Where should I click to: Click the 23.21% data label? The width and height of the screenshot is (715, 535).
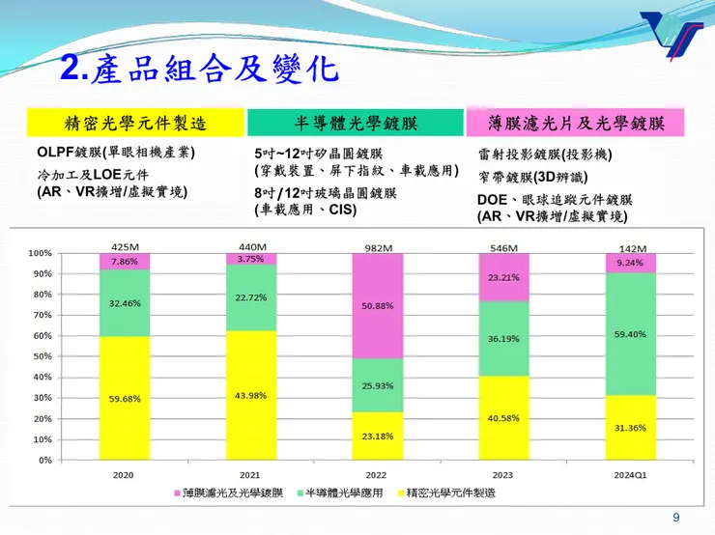point(504,277)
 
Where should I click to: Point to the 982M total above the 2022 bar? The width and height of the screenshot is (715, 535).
point(378,247)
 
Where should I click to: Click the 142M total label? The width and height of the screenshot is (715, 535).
point(632,247)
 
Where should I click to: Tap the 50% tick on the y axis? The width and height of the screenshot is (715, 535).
point(41,356)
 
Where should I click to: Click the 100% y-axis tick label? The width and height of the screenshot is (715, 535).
point(39,253)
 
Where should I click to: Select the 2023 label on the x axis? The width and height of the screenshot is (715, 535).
point(503,475)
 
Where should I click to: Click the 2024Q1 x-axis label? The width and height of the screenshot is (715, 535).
point(630,475)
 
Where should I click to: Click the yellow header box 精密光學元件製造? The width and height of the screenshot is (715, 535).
point(135,123)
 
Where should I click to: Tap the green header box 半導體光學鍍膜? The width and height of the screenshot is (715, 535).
point(355,123)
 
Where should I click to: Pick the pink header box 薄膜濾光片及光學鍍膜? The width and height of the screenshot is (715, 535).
point(576,123)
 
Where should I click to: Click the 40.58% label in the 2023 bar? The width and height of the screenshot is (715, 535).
point(504,418)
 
